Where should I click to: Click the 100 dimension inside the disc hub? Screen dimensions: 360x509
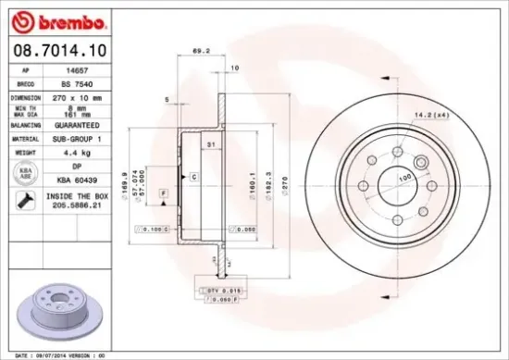click(x=405, y=177)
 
